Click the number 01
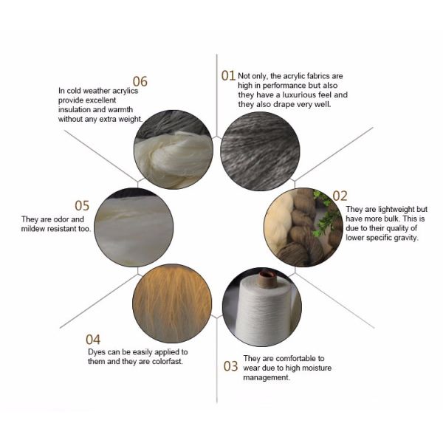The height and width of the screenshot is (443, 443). pos(228,76)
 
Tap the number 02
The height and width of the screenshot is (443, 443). pos(340,196)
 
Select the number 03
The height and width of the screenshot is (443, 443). pos(230,366)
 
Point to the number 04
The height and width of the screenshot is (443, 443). pos(93,340)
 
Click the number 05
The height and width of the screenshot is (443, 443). pos(82,206)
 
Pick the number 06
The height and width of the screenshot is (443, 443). pos(140,82)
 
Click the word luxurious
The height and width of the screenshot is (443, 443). pos(300,95)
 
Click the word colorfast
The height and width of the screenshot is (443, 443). pos(168,361)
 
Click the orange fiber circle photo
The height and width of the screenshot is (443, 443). pos(172,303)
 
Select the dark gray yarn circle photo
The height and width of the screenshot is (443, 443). pos(260,151)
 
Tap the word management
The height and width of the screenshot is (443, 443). pos(267,378)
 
